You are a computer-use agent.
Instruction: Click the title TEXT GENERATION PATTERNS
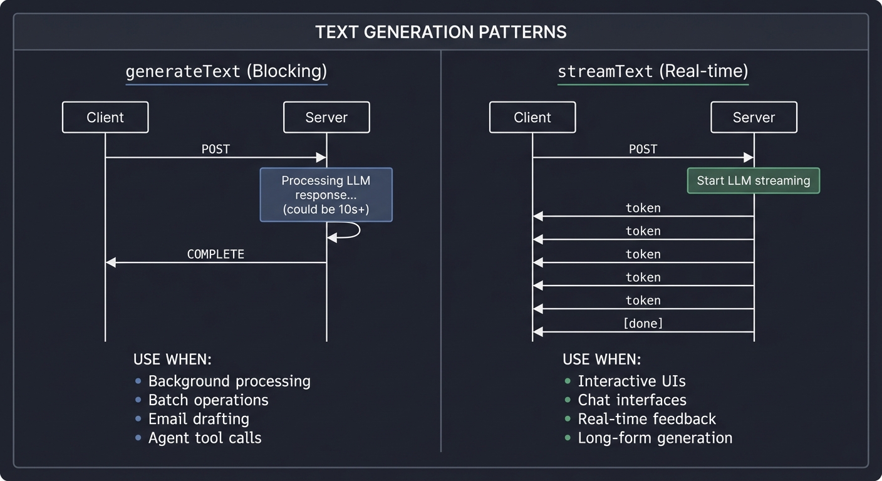click(440, 32)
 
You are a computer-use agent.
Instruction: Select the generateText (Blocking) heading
click(226, 71)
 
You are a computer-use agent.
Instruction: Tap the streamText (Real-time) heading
click(653, 71)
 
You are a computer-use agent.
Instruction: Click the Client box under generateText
click(105, 117)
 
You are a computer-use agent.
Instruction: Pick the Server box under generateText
click(326, 117)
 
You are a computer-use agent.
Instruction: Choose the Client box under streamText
click(532, 117)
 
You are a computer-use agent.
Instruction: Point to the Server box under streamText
click(754, 117)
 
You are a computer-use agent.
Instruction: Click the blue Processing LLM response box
click(326, 195)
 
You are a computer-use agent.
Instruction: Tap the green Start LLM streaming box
click(753, 180)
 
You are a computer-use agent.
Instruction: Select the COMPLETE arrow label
click(215, 254)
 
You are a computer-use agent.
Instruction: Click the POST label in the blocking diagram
click(215, 149)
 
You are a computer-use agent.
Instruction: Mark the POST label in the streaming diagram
click(643, 149)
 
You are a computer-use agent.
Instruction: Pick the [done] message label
click(643, 324)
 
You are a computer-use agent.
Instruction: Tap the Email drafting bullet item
click(198, 419)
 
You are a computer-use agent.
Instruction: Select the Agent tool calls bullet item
click(204, 438)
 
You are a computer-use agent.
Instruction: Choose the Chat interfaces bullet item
click(631, 400)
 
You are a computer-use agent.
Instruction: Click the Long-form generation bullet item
click(655, 438)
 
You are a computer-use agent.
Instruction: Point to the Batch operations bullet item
click(208, 400)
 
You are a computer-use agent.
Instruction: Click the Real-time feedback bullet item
click(646, 419)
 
